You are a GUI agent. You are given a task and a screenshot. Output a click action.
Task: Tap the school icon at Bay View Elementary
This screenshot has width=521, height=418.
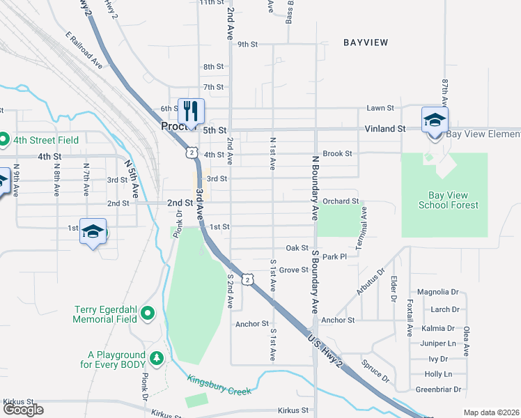coord(435,119)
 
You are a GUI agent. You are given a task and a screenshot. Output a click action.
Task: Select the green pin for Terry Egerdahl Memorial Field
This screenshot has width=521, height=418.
coord(147,313)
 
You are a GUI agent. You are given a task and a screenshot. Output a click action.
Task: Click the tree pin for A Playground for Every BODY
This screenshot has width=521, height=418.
coord(157,357)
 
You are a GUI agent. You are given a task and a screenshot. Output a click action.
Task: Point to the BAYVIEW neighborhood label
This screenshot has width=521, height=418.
coord(365,42)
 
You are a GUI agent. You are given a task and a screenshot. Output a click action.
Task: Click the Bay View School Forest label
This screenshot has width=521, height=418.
coord(449,200)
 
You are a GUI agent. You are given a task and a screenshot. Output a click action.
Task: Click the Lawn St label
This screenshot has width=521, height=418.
coord(380,108)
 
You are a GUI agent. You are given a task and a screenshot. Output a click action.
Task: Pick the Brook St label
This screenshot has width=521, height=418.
coord(338,153)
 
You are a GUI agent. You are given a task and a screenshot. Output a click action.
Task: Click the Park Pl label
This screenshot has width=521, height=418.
coord(334,257)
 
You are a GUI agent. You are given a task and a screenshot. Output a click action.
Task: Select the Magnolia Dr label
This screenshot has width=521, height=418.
coord(437,292)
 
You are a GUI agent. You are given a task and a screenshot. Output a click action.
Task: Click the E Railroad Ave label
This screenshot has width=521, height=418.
coord(84,49)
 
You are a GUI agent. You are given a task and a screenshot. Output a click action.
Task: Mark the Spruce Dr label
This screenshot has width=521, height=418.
coord(375,371)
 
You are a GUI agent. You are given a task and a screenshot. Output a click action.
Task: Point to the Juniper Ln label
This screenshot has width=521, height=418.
coord(438,343)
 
